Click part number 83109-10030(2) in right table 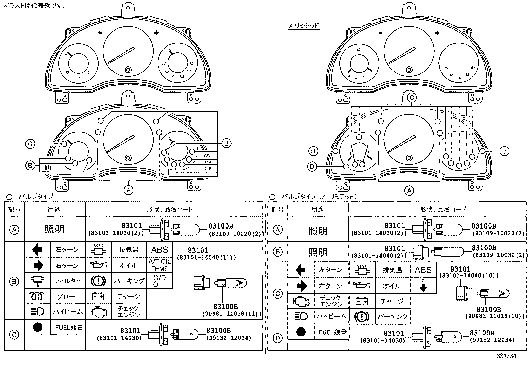(x=499, y=255)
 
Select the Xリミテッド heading (x=304, y=26)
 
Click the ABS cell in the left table (x=160, y=250)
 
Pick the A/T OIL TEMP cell (x=160, y=265)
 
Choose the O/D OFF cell (x=160, y=281)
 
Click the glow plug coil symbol (x=37, y=296)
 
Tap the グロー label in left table (x=66, y=296)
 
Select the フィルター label (x=68, y=281)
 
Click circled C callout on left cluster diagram (x=30, y=144)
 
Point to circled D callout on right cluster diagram (x=312, y=166)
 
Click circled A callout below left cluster (x=128, y=190)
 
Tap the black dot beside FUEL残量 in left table (x=37, y=327)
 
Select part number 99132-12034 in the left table (x=229, y=338)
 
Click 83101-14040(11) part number (x=207, y=257)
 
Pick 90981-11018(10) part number (x=495, y=316)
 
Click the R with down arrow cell (x=423, y=286)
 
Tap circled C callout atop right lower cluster (x=412, y=98)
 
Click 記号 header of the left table (x=14, y=209)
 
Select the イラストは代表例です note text (x=35, y=6)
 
